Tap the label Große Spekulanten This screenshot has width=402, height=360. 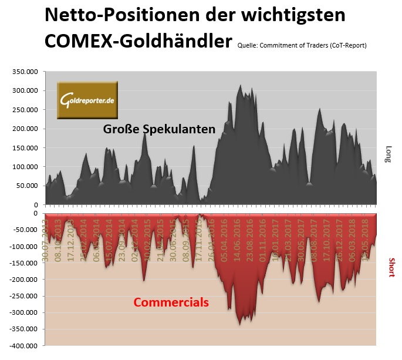tap(159, 129)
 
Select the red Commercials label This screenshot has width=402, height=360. tap(171, 302)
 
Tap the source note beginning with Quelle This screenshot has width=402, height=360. tap(302, 46)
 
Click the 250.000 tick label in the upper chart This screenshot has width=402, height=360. tap(25, 109)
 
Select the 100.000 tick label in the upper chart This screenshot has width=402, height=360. tap(25, 166)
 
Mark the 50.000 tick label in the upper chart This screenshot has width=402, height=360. tap(26, 186)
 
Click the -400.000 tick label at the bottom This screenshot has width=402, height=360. tap(23, 345)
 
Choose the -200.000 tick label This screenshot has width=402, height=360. tap(23, 280)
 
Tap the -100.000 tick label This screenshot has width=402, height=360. tap(23, 247)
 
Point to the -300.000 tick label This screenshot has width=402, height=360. tap(23, 312)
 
